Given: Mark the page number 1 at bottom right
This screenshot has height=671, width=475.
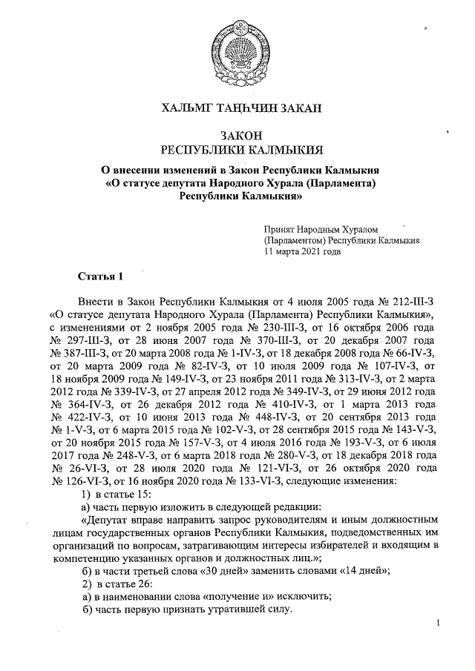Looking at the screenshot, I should [x=439, y=624].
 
